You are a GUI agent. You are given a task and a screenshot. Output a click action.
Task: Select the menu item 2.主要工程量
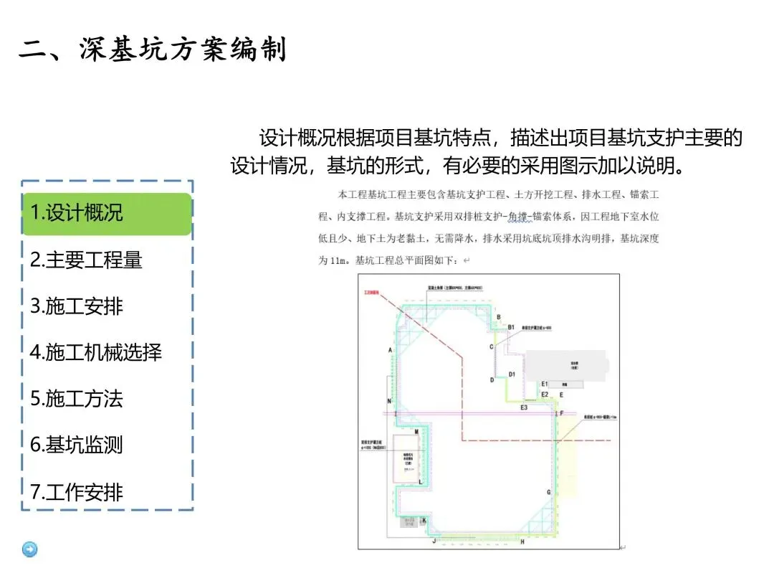(86, 260)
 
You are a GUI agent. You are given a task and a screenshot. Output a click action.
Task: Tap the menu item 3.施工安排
(77, 306)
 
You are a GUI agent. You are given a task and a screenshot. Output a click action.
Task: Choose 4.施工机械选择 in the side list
(96, 352)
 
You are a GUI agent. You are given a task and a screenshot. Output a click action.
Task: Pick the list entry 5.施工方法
(77, 399)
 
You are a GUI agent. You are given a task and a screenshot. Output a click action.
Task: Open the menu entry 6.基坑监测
(77, 445)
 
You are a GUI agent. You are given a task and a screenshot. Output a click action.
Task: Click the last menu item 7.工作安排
(77, 492)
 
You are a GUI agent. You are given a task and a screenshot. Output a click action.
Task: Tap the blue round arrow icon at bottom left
(30, 549)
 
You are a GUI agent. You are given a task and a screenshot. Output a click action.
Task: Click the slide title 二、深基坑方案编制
(153, 50)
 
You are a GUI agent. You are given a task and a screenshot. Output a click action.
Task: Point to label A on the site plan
(391, 349)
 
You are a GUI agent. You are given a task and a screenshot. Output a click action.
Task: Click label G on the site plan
(549, 492)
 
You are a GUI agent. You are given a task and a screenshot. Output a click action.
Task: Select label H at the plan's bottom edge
(522, 542)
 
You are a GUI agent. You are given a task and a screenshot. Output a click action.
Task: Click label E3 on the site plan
(524, 407)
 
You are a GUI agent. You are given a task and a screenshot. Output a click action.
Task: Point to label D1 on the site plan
(512, 374)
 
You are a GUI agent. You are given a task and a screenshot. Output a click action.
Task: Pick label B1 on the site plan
(511, 327)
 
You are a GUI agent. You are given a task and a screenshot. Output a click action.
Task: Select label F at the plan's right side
(562, 413)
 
